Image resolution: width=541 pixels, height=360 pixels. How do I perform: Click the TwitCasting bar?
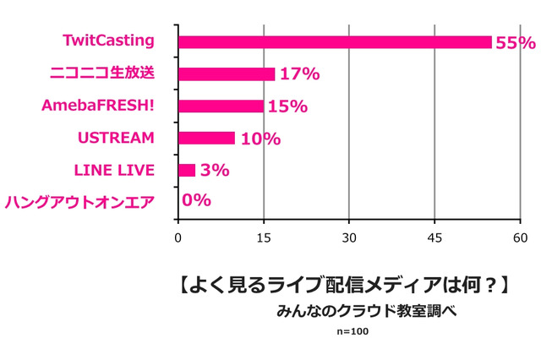335,42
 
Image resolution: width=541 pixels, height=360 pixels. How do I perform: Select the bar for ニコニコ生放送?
227,74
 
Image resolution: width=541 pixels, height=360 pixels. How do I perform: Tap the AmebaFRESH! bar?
221,106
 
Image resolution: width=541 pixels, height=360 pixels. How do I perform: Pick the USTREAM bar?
206,139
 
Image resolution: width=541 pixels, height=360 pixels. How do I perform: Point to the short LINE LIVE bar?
187,171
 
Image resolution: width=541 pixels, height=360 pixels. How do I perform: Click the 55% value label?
516,43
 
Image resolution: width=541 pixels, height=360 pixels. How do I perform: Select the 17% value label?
299,74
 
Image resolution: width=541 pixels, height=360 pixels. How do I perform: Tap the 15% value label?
287,106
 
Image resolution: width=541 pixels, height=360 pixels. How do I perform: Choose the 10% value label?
260,139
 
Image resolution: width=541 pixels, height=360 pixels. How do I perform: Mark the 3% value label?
215,171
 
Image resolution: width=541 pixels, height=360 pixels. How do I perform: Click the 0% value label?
196,201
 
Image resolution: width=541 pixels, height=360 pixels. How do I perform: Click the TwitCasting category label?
108,40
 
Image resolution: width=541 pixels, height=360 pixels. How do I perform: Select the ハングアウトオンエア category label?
79,202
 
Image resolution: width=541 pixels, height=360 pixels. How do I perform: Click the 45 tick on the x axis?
434,238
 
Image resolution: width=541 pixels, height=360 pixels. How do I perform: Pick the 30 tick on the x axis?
349,238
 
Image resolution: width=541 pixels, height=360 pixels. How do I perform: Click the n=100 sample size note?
352,330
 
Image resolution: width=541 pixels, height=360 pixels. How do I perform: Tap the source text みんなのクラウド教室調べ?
366,310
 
